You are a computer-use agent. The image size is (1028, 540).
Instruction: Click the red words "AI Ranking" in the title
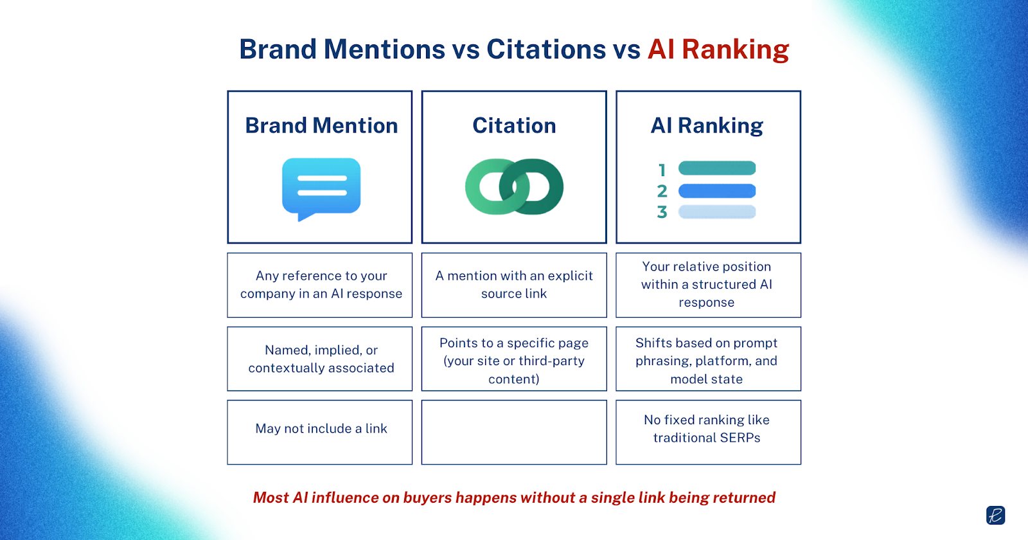(x=718, y=50)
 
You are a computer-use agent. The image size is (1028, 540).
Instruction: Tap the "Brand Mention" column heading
(x=321, y=125)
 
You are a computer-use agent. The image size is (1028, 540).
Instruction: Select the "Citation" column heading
(x=514, y=125)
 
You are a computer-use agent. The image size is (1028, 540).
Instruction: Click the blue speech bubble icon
(x=321, y=189)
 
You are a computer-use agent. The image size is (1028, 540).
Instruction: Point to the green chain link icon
(x=514, y=186)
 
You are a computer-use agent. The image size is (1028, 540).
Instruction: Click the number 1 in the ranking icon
(x=662, y=170)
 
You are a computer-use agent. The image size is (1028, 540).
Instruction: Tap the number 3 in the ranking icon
(x=662, y=212)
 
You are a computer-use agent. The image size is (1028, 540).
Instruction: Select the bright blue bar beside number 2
(x=717, y=190)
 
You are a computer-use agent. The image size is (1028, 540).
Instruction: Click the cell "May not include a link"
(x=320, y=432)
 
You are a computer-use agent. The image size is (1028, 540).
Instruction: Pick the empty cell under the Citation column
(x=514, y=432)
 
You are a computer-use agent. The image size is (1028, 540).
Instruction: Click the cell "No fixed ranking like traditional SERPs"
(x=708, y=432)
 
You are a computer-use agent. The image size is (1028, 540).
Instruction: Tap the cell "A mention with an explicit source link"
(x=514, y=285)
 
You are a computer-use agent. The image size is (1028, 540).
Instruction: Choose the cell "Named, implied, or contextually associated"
(x=320, y=359)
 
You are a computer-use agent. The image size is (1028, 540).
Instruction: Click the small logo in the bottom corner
(x=995, y=515)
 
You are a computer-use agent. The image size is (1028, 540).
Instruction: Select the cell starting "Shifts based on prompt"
(x=708, y=359)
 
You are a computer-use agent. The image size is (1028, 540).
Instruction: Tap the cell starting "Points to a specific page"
(x=514, y=359)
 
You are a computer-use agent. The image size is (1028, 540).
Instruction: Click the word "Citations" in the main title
(x=546, y=49)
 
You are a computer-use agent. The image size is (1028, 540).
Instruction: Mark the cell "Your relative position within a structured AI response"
(x=708, y=285)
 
